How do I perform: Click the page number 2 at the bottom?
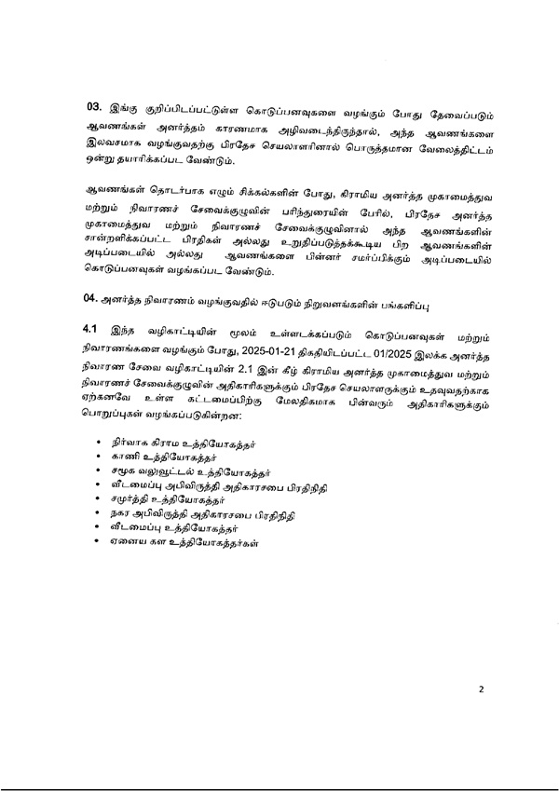click(x=482, y=690)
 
